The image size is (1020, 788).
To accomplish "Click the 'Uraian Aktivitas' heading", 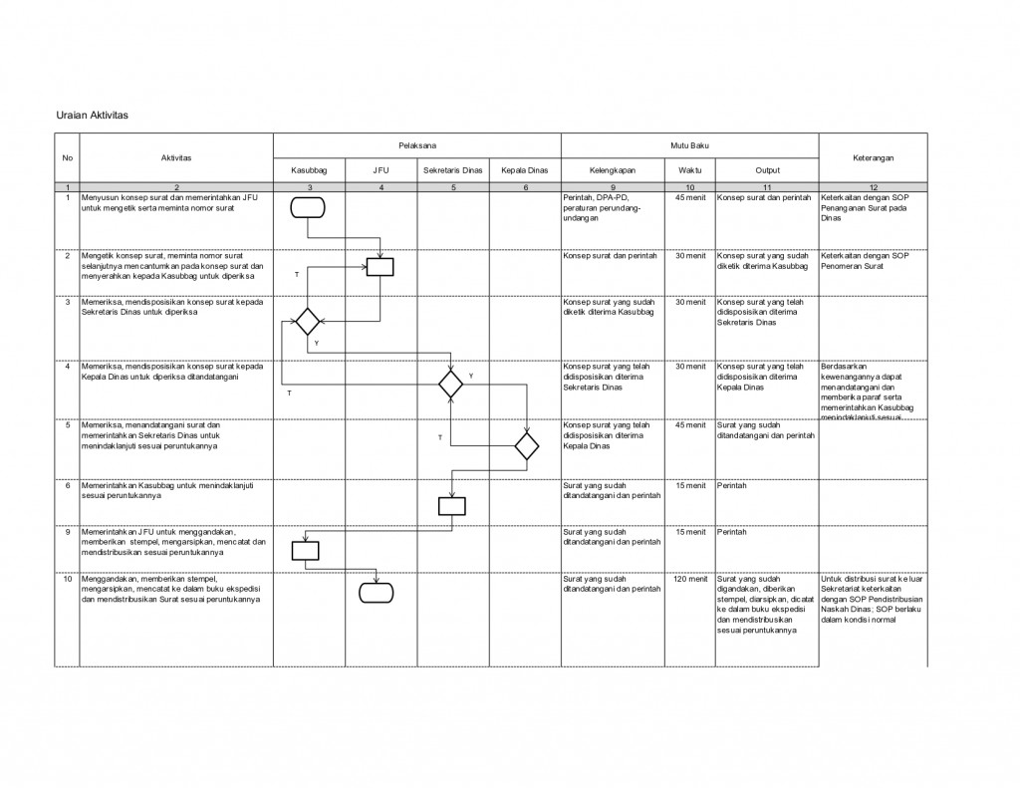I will [91, 116].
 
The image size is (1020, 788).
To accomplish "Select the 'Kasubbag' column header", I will [309, 170].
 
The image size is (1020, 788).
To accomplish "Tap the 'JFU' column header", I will [381, 170].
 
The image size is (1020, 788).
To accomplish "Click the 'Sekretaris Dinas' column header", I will [452, 170].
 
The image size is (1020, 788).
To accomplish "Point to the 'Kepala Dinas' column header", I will [525, 170].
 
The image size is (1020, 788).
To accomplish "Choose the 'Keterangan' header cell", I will [873, 157].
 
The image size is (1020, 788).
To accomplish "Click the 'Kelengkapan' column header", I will [613, 170].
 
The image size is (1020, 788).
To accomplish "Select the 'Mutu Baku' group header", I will [689, 145].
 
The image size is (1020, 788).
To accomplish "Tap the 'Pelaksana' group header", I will [417, 145].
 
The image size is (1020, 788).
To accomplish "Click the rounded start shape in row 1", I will [309, 207].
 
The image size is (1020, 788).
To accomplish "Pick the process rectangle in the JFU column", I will [381, 266].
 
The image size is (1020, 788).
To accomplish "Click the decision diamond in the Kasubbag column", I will [307, 322].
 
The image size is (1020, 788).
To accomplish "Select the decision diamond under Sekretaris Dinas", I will [452, 384].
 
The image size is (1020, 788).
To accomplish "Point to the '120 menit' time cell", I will [689, 578].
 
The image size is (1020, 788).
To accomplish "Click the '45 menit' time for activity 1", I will [689, 197].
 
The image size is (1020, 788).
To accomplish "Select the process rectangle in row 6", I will [452, 505].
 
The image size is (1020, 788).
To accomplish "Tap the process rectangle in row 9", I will [305, 550].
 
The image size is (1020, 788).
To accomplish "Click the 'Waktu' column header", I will [689, 170].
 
